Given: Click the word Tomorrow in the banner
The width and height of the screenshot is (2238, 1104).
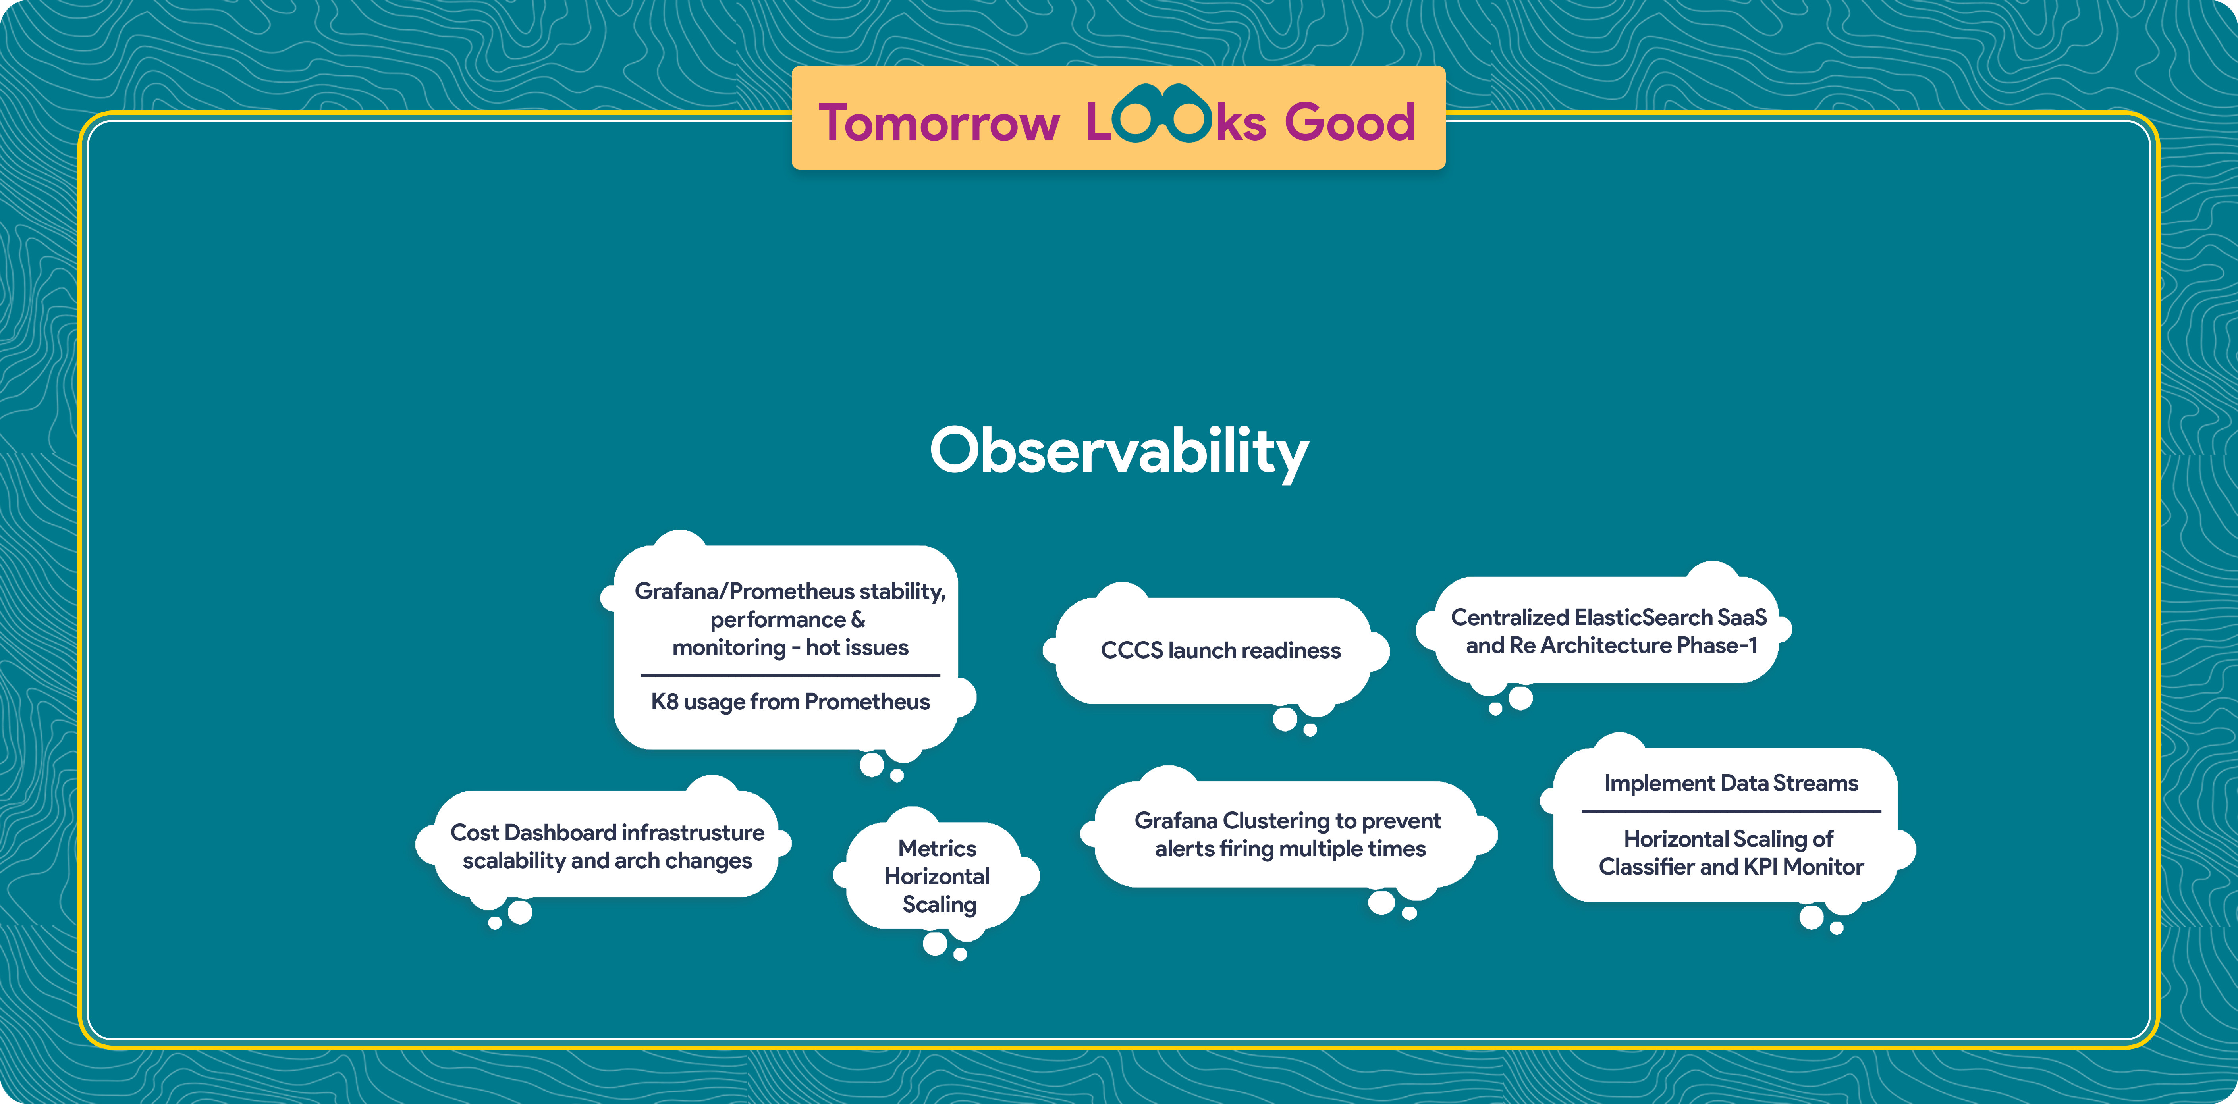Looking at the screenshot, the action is (939, 123).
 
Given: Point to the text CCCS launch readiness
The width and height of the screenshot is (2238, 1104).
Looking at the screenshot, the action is (1221, 651).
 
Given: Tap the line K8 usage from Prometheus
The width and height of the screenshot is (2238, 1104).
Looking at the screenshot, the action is (791, 702).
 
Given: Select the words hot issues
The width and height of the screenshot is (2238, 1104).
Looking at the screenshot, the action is (857, 648).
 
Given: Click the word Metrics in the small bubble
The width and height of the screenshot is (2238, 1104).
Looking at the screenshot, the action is (938, 849).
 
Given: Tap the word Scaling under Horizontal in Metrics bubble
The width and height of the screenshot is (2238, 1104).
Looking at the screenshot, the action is (939, 905).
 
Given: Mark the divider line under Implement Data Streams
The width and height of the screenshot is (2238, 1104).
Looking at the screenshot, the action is (1731, 811).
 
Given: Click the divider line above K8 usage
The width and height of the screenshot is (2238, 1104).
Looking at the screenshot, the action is (791, 675).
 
